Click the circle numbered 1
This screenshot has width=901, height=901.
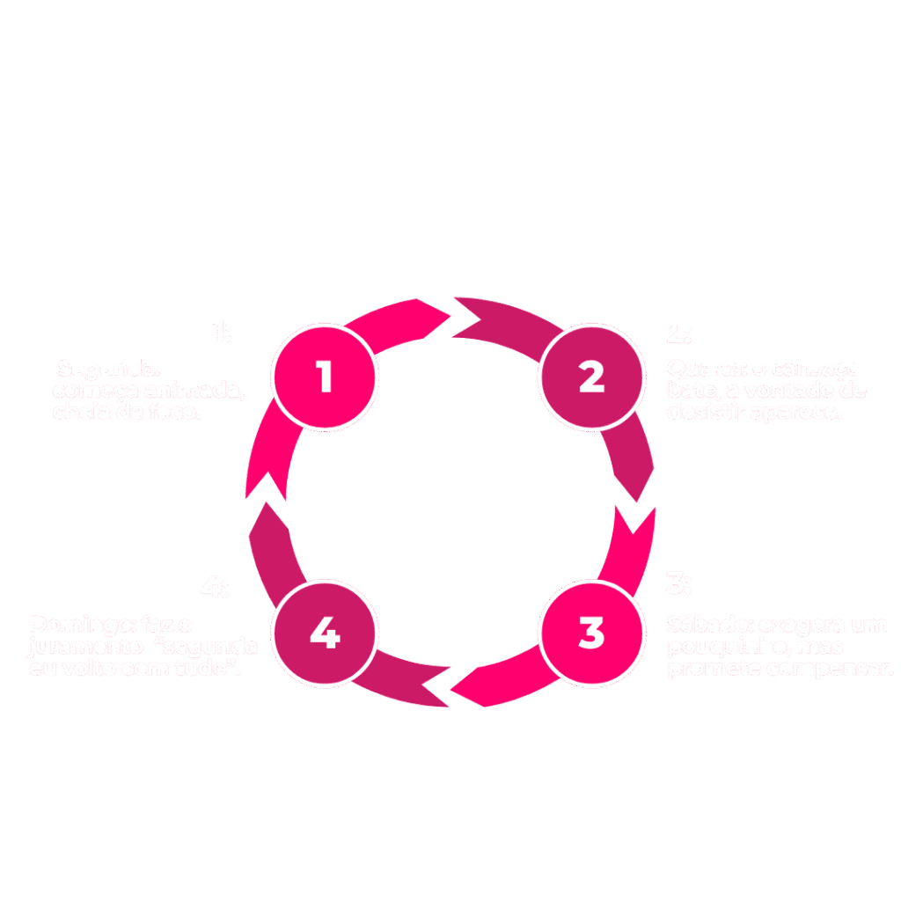[325, 377]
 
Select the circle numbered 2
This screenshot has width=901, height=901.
[591, 377]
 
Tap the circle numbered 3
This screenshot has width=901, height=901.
[591, 633]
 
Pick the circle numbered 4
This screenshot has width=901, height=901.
[325, 633]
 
